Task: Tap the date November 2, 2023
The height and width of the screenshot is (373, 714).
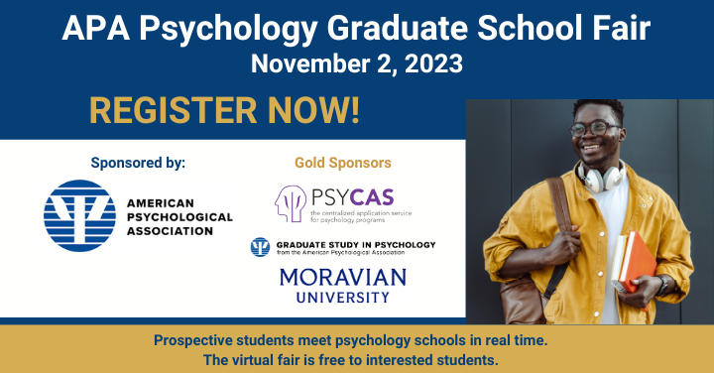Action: coord(356,64)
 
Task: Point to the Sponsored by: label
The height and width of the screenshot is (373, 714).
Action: coord(138,162)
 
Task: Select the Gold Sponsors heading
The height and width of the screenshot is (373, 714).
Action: coord(343,162)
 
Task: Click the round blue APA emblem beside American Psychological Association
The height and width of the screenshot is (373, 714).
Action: coord(76,216)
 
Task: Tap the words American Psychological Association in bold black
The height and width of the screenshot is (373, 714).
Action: coord(178,216)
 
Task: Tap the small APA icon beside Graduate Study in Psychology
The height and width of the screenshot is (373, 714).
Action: coord(260,247)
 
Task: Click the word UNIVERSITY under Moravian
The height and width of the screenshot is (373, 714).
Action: coord(343,296)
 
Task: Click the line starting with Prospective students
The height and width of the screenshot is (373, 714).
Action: coord(357,340)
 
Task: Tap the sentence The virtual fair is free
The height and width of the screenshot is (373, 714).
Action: coord(357,360)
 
